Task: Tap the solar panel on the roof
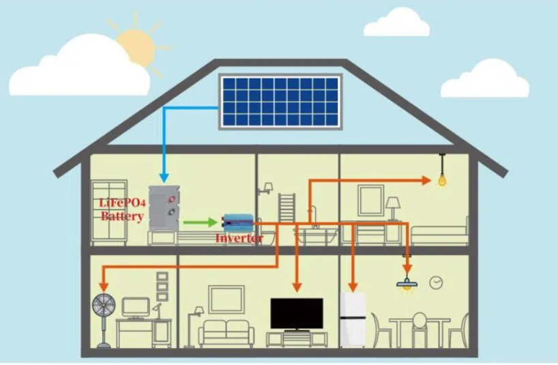click(280, 102)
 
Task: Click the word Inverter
click(239, 238)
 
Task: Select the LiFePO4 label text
click(122, 203)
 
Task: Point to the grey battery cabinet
click(164, 208)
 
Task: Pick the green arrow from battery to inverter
click(200, 222)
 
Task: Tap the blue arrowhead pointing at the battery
click(164, 177)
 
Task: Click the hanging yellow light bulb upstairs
click(442, 180)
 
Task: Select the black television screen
click(297, 313)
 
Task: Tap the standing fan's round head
click(104, 306)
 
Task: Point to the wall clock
click(436, 283)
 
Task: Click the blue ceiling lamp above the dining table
click(407, 284)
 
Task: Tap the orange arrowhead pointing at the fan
click(104, 287)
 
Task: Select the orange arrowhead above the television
click(297, 287)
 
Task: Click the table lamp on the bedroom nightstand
click(393, 209)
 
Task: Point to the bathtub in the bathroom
click(315, 235)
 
